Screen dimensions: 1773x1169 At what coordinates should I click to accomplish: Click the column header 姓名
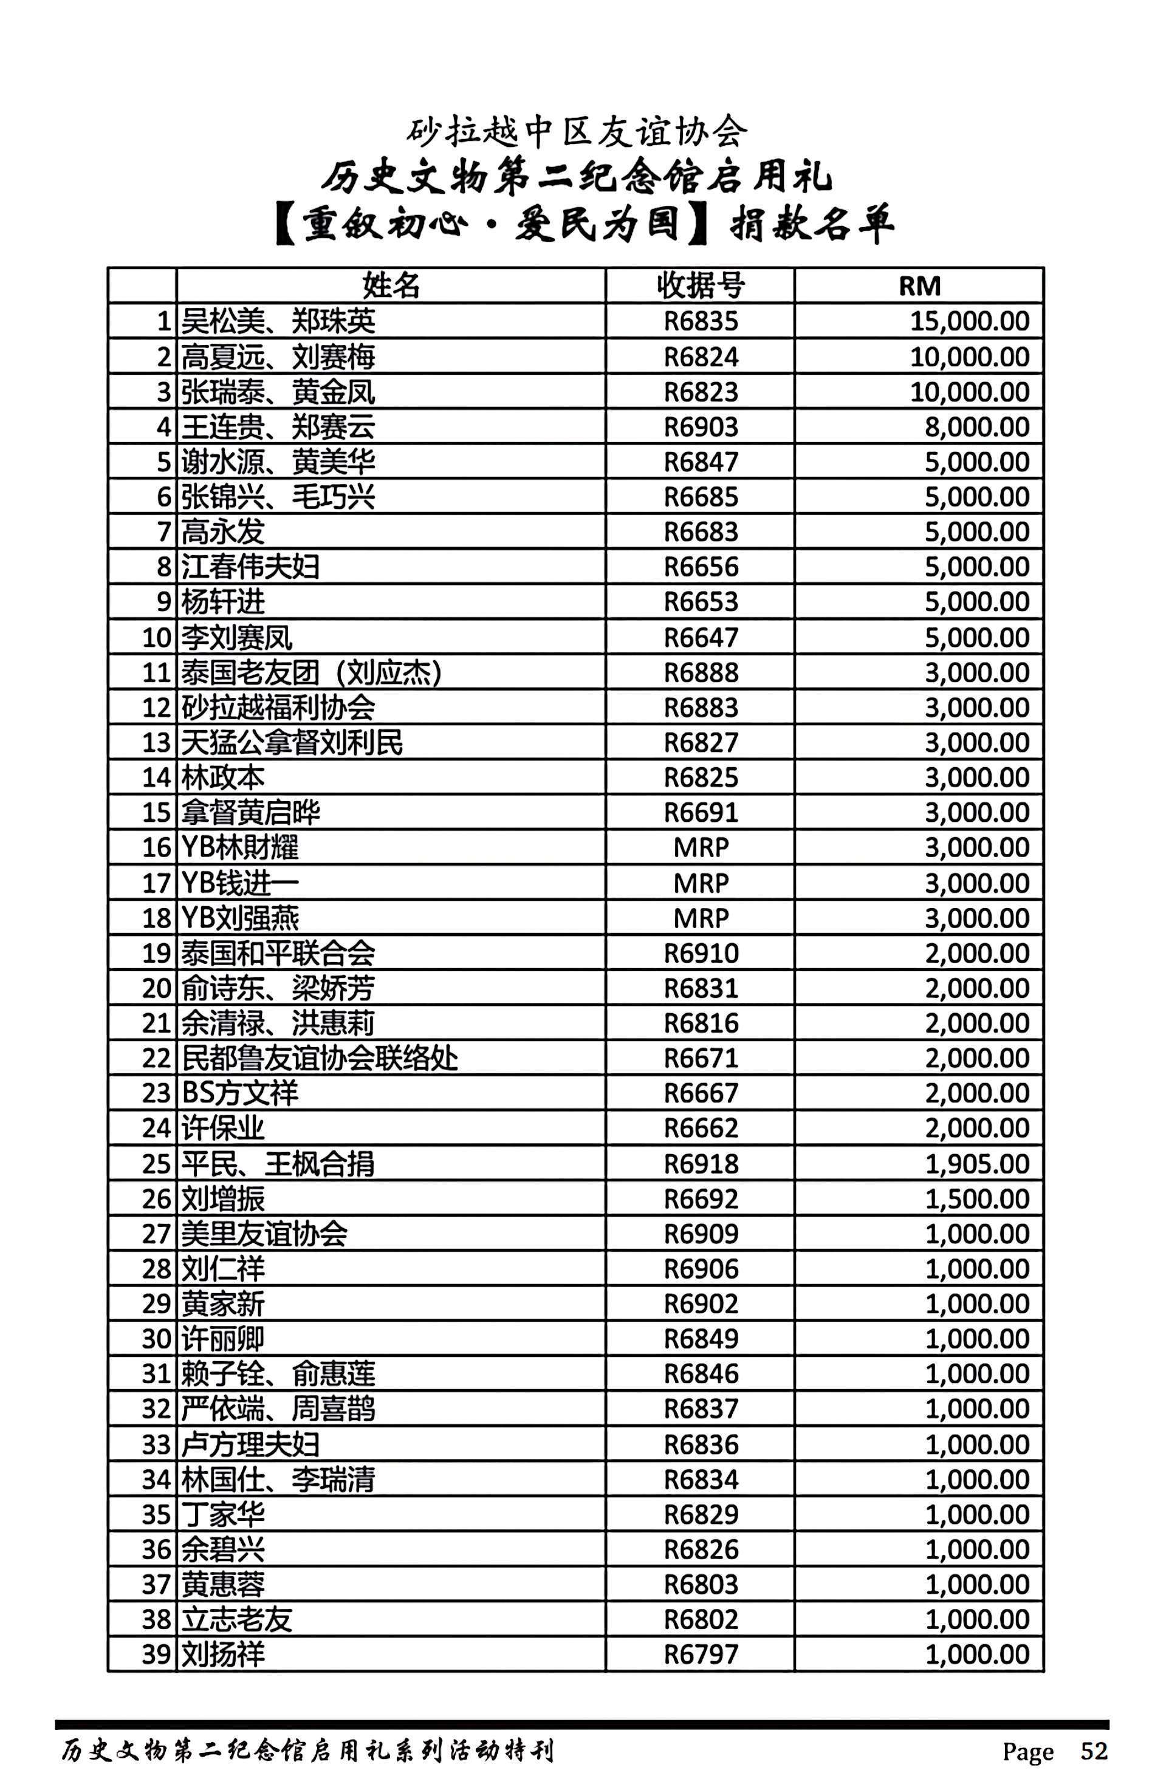[x=391, y=285]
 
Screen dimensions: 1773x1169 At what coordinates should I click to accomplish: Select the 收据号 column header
[x=700, y=285]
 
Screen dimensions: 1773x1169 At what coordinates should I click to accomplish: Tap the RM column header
[x=919, y=285]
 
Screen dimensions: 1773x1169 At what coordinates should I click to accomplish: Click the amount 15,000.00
[x=969, y=321]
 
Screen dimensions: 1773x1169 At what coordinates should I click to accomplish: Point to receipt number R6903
[x=701, y=427]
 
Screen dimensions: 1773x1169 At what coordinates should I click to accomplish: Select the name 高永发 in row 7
[x=223, y=532]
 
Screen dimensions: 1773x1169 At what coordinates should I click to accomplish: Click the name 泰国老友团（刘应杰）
[x=311, y=673]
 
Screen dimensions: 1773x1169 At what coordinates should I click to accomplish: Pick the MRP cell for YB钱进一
[x=701, y=883]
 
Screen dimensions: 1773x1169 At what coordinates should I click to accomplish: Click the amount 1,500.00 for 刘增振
[x=976, y=1198]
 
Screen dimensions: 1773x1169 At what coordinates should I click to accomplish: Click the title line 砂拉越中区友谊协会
[x=577, y=132]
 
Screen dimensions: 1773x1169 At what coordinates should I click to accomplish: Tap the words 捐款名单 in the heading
[x=812, y=224]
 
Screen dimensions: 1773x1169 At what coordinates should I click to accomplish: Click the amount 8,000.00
[x=976, y=427]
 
